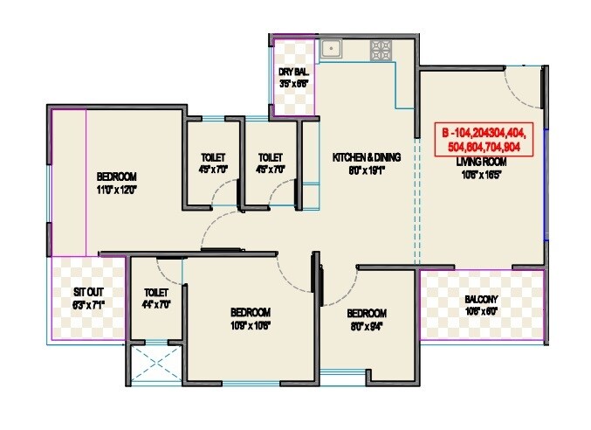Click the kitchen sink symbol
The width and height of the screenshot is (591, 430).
tap(331, 49)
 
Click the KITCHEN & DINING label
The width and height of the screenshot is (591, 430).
tap(366, 157)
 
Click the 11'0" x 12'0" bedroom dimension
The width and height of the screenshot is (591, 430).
tap(118, 188)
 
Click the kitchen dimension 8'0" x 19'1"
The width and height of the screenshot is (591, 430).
tap(366, 170)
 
